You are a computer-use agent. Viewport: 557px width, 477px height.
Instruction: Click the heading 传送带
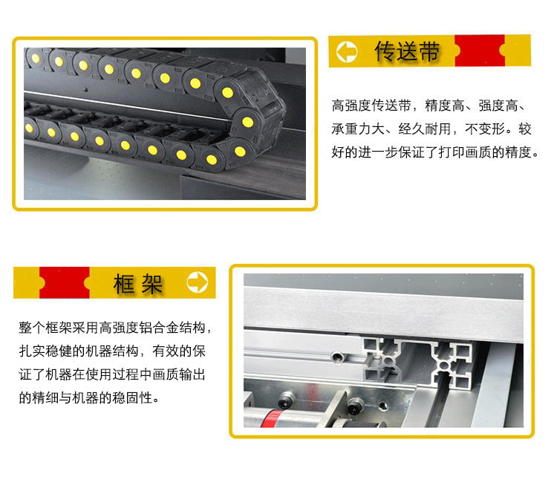(x=408, y=51)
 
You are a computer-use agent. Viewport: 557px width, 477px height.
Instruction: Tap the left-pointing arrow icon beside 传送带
(x=347, y=51)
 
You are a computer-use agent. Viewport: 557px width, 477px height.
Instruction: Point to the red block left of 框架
(x=64, y=283)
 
